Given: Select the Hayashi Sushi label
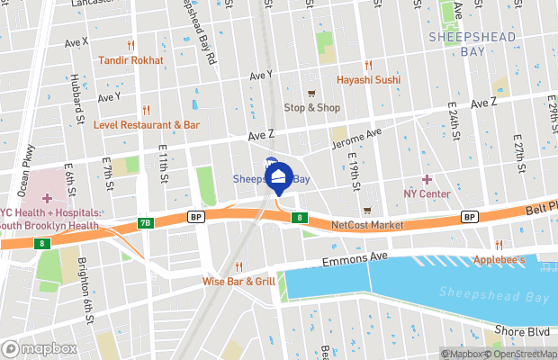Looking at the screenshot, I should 367,80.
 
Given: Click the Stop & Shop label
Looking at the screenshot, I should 312,107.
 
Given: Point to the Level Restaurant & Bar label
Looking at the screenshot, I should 146,124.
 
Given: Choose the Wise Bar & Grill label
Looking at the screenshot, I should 238,281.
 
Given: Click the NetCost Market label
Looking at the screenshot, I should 367,224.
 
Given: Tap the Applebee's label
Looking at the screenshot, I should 499,260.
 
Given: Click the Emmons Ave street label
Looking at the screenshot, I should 357,263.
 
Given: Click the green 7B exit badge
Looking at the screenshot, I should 145,222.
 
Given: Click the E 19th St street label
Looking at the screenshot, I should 355,171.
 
